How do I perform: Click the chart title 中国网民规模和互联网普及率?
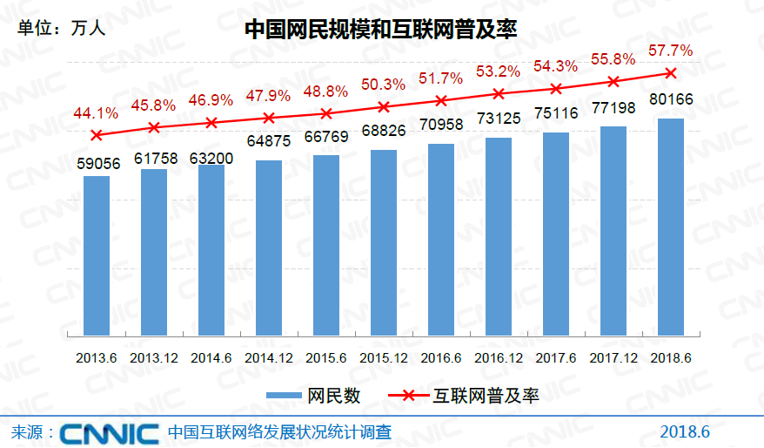381,31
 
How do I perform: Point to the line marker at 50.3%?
384,106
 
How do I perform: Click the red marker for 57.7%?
670,72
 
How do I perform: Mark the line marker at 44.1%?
97,135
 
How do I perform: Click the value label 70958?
441,126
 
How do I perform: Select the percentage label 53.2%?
499,71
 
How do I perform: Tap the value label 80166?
671,100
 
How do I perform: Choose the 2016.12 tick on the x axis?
499,357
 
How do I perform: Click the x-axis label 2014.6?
211,357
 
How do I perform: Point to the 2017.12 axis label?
613,357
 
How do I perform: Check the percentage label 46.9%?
211,100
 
